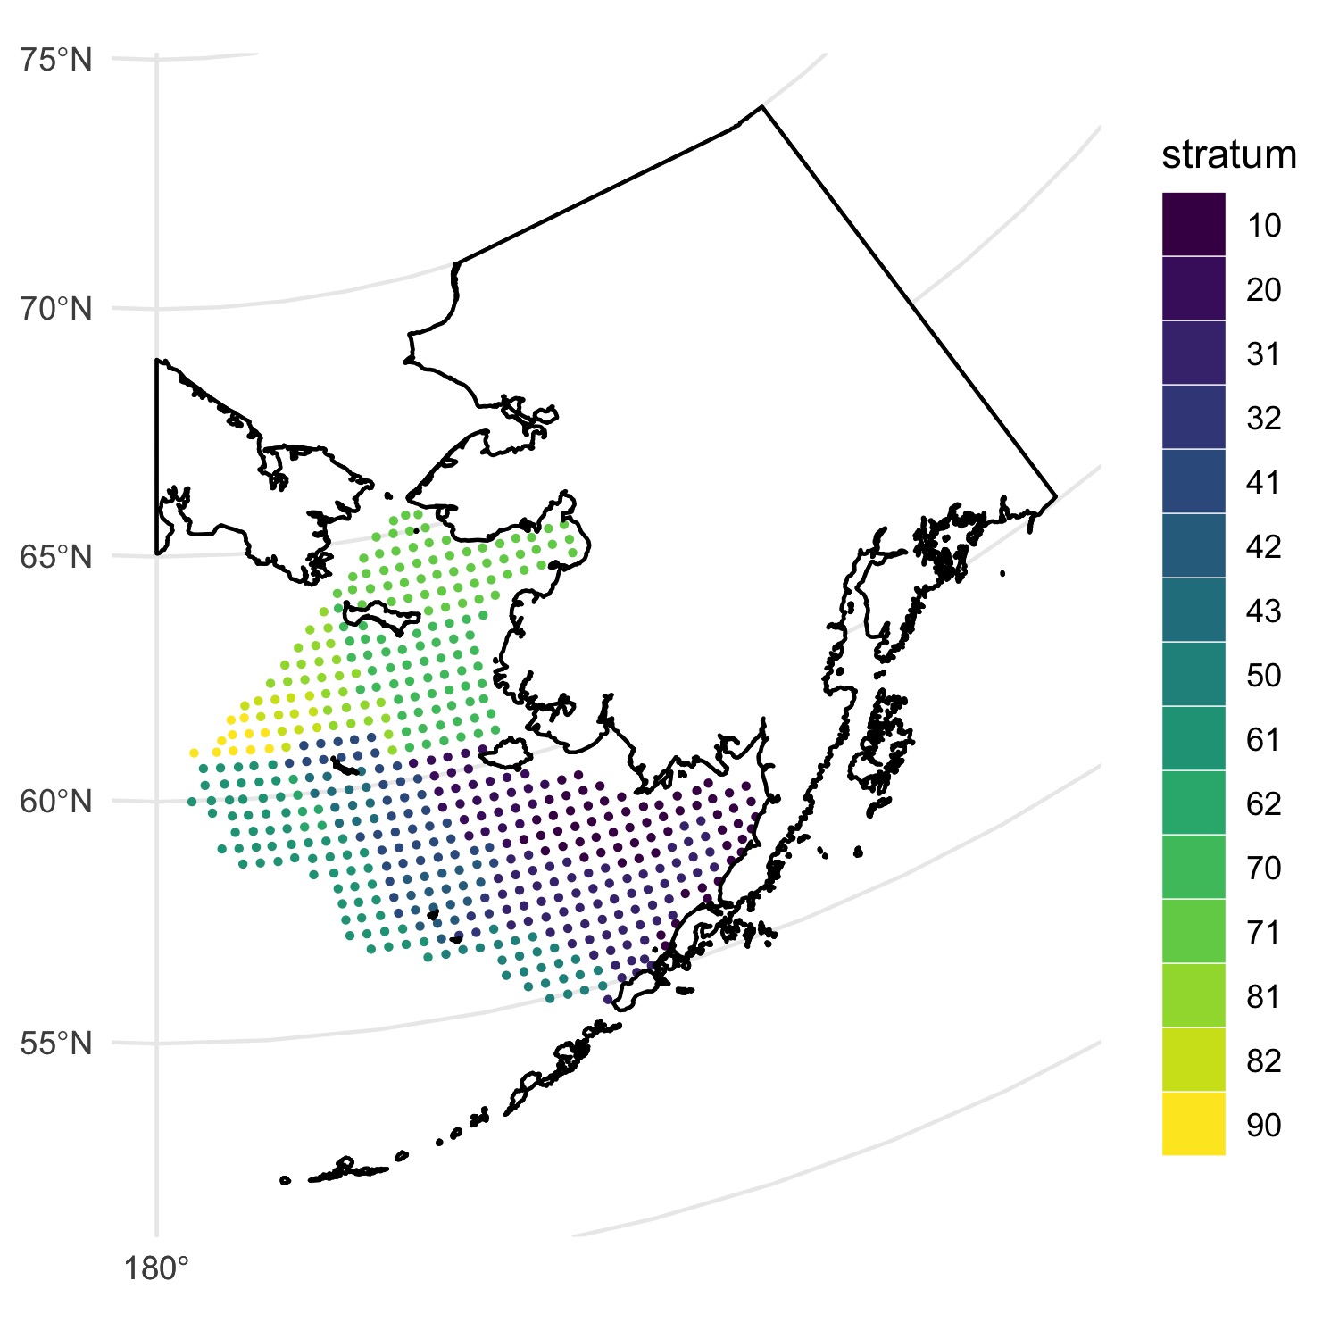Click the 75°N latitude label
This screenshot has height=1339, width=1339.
55,62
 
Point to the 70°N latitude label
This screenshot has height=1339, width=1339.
55,310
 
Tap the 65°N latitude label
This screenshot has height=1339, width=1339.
55,557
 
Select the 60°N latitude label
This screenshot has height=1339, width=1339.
55,802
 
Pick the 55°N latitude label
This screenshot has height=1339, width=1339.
55,1043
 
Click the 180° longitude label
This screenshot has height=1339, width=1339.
156,1268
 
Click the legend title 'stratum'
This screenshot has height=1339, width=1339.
1229,155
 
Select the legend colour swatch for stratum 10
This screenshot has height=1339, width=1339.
1193,225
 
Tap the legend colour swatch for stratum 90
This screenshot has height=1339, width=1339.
1193,1124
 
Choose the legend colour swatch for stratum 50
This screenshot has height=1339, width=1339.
1193,675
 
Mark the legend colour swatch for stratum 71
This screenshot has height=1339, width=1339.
1193,932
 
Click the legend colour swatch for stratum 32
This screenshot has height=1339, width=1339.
1193,418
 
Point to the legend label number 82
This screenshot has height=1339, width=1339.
1264,1060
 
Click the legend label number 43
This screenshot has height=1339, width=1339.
1264,611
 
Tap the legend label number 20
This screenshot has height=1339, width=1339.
1264,289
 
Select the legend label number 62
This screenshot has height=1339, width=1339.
1264,803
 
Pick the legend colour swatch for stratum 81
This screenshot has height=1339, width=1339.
1193,996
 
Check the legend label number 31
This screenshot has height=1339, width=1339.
1264,353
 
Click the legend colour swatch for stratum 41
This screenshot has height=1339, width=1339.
1193,482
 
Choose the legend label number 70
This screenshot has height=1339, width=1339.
1264,868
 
